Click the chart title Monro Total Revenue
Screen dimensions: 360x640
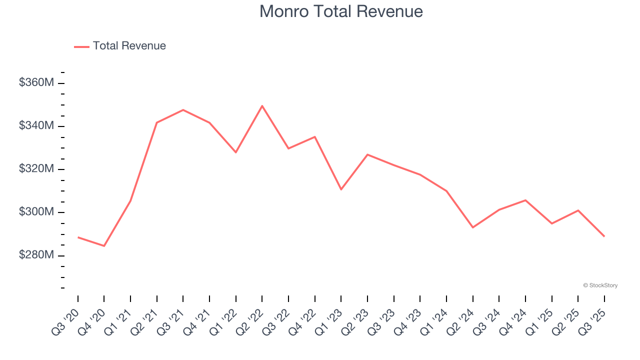pyautogui.click(x=341, y=11)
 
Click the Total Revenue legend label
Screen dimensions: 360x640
pyautogui.click(x=129, y=46)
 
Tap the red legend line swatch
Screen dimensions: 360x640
pyautogui.click(x=81, y=46)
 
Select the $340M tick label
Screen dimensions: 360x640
pyautogui.click(x=36, y=126)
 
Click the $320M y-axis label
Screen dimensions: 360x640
pyautogui.click(x=36, y=169)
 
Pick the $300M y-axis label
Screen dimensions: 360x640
pyautogui.click(x=36, y=212)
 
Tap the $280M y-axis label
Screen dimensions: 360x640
pyautogui.click(x=36, y=255)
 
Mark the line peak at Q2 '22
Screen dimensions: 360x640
pyautogui.click(x=262, y=105)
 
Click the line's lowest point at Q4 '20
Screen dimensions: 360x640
pyautogui.click(x=104, y=246)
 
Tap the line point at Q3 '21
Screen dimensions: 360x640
pyautogui.click(x=183, y=109)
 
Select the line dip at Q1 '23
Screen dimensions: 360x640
pyautogui.click(x=341, y=189)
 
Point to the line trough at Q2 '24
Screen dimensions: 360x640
pyautogui.click(x=472, y=227)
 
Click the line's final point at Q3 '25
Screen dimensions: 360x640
pyautogui.click(x=604, y=236)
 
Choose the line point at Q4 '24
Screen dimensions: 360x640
pyautogui.click(x=525, y=200)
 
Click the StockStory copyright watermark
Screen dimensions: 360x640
pyautogui.click(x=600, y=285)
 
